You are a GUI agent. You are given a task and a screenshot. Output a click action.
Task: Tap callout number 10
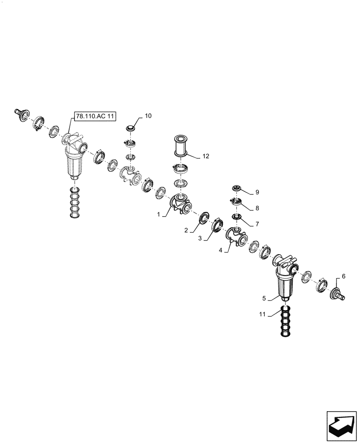click(x=148, y=116)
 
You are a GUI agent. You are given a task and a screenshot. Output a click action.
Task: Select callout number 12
click(x=206, y=156)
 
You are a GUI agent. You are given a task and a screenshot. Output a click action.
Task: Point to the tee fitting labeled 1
click(x=179, y=205)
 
